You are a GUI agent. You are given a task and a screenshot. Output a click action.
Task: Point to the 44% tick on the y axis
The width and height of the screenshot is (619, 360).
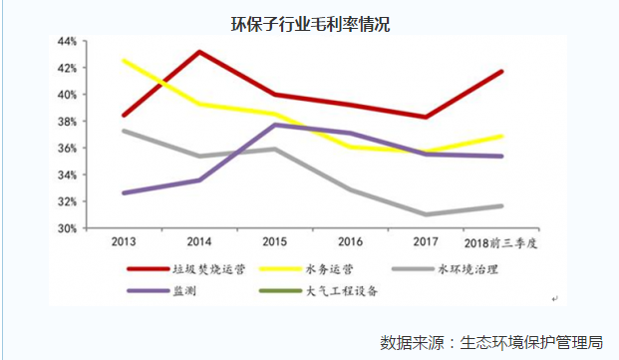67,42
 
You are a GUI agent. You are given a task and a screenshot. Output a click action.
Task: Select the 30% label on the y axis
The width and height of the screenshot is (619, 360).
67,228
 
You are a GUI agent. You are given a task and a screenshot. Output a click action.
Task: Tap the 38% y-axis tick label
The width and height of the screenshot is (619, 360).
67,122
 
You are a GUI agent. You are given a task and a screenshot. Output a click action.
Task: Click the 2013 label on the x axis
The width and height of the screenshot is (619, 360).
124,242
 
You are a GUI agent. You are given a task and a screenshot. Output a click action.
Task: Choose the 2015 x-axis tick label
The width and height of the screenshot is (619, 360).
276,242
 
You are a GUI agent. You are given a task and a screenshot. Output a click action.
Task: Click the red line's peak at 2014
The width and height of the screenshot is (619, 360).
200,52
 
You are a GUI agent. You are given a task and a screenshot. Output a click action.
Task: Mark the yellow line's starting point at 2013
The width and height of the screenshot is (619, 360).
124,61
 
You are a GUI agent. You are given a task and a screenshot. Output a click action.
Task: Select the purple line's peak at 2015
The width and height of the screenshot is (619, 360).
276,125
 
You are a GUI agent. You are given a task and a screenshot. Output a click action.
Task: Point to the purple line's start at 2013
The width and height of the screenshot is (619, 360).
124,192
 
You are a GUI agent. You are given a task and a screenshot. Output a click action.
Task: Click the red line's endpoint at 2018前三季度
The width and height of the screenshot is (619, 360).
501,72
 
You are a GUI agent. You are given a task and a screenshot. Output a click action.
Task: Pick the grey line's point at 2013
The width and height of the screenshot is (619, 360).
124,131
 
